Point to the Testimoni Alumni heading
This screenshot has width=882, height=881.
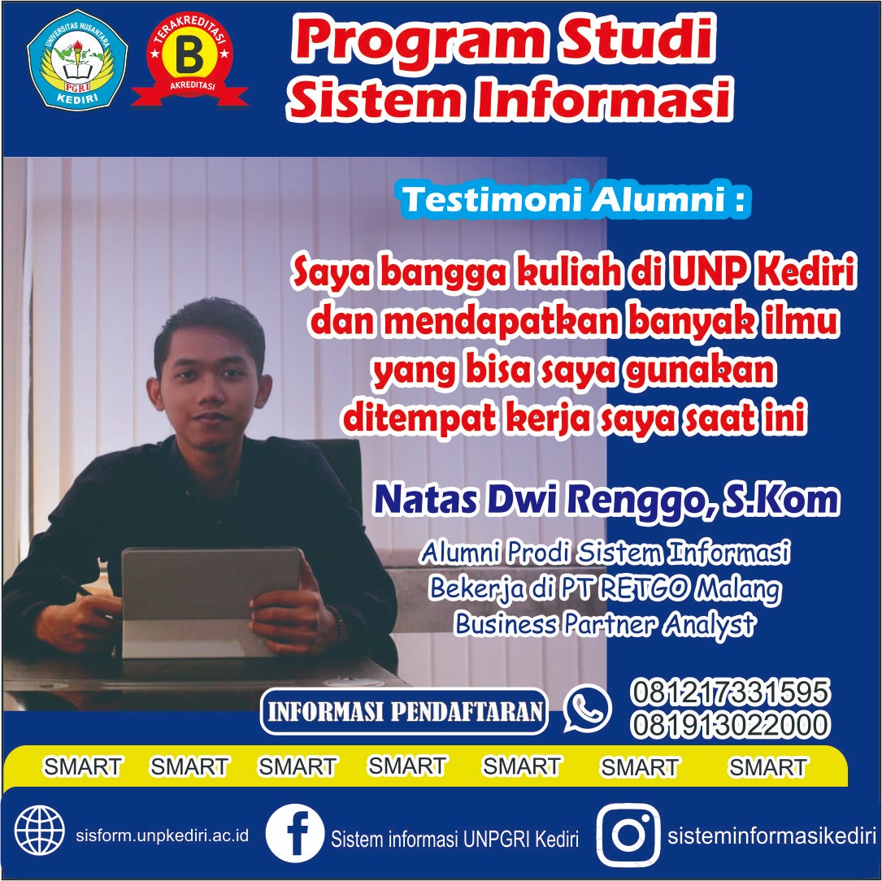click(x=576, y=199)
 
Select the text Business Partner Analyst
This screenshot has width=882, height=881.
click(x=605, y=624)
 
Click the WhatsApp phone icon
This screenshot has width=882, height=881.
click(x=587, y=709)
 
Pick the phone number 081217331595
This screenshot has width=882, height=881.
click(x=729, y=692)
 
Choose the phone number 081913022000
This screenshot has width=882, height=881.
click(x=729, y=724)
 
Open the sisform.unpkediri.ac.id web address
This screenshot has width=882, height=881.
click(x=162, y=835)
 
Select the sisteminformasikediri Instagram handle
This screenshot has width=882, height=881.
click(x=771, y=836)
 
